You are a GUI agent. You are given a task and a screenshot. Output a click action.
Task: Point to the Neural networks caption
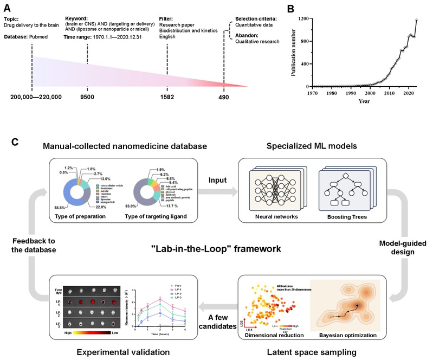click(x=269, y=216)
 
